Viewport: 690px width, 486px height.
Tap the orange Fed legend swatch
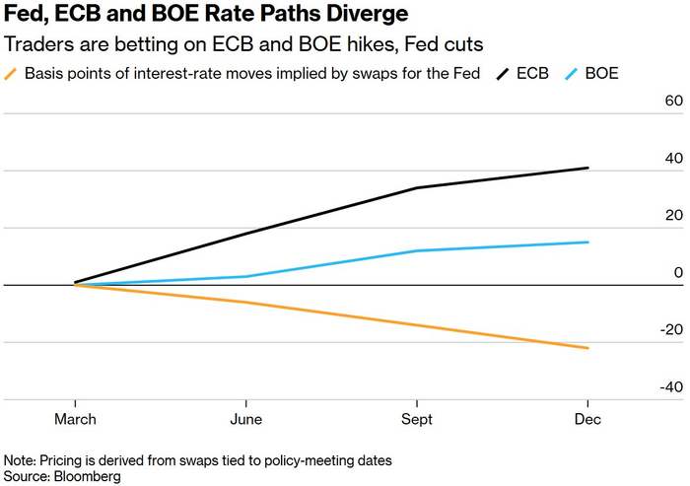(x=12, y=74)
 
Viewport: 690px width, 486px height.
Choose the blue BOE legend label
(x=602, y=74)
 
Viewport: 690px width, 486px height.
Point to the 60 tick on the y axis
(x=673, y=102)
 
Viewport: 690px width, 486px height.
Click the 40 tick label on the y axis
(x=673, y=159)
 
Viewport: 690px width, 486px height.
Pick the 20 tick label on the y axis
(x=673, y=216)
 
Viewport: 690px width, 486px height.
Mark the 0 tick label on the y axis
(x=678, y=273)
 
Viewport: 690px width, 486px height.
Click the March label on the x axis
(x=76, y=418)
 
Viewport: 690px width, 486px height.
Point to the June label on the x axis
(x=246, y=418)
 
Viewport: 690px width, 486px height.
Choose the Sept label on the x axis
(x=417, y=418)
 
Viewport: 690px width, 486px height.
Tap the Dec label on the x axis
(x=588, y=418)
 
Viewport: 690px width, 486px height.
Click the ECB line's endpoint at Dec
(x=588, y=168)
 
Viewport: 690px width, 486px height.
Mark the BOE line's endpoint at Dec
(x=588, y=242)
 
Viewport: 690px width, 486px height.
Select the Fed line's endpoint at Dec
(x=588, y=348)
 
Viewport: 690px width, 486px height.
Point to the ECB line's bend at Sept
(x=417, y=187)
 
